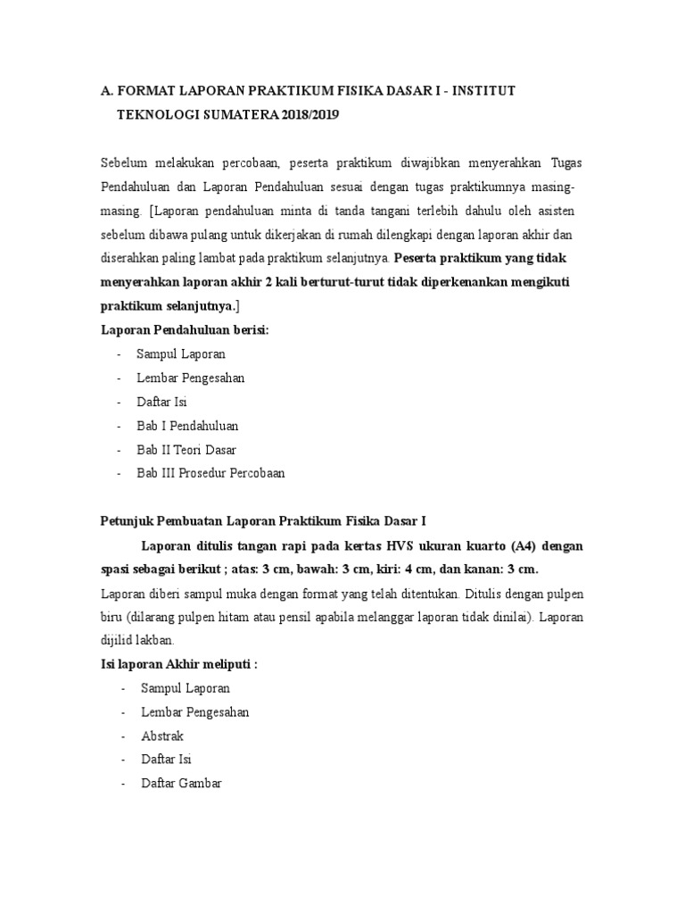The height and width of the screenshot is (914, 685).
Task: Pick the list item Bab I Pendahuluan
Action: click(187, 426)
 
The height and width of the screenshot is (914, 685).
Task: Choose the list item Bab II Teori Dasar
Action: click(186, 450)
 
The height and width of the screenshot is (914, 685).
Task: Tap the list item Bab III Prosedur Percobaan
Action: click(210, 473)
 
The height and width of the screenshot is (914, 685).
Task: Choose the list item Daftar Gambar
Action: click(181, 784)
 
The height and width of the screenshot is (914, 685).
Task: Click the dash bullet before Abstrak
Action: click(121, 736)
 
